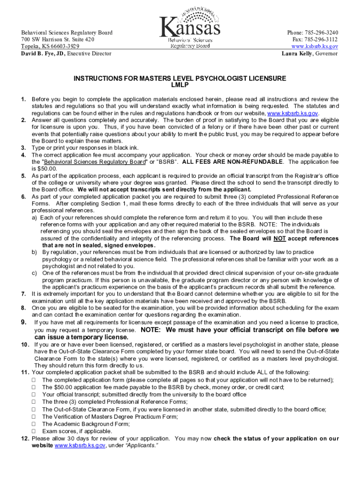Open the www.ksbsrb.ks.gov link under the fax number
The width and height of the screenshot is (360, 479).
pyautogui.click(x=315, y=47)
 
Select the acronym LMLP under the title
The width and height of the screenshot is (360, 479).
pyautogui.click(x=180, y=86)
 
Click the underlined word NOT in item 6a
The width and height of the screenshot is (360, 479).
pyautogui.click(x=280, y=239)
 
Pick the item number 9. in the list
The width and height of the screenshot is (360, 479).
pyautogui.click(x=23, y=322)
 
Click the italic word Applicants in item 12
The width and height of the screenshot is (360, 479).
pyautogui.click(x=144, y=446)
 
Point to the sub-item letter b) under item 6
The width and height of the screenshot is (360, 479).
pyautogui.click(x=35, y=252)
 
